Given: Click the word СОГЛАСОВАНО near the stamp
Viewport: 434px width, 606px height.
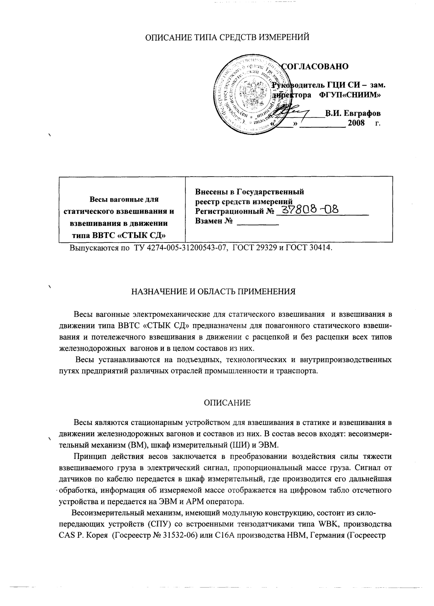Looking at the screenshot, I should click(315, 66).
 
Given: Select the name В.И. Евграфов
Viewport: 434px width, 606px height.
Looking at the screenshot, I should click(353, 113).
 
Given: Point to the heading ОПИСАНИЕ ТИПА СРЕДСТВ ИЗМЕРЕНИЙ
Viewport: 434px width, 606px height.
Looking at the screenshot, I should click(227, 37).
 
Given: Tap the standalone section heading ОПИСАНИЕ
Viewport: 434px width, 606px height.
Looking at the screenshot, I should click(227, 403).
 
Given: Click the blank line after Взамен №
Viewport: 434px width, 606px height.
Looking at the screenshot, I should click(258, 223).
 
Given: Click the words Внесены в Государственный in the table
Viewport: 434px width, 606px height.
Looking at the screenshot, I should click(250, 192).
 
